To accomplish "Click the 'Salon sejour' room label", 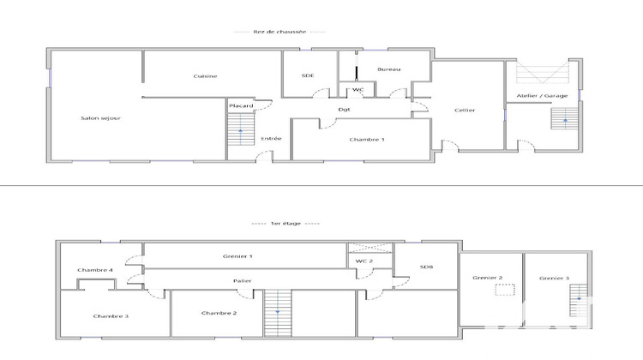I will point(94,118).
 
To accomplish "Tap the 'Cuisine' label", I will point(205,76).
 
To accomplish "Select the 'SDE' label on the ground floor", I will point(308,75).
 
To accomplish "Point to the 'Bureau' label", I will point(389,69).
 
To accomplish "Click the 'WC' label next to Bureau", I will point(358,89).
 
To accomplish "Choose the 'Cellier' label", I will point(465,110).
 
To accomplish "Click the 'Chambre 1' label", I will point(366,139).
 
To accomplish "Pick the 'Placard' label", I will point(240,106).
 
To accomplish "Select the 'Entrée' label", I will point(271,138).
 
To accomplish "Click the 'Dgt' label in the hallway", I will point(344,109).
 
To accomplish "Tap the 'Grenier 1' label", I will point(238,256).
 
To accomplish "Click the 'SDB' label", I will point(426,267).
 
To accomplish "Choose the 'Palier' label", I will point(242,281).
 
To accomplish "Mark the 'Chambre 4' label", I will point(95,270).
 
